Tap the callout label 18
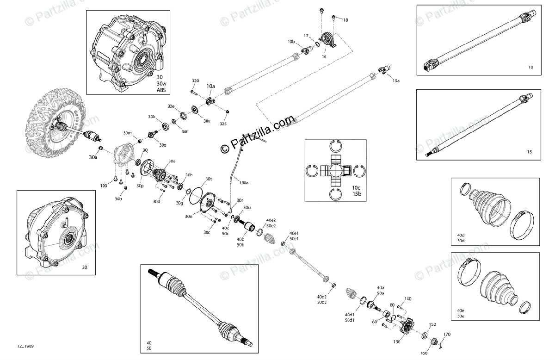[345, 20]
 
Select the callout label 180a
[244, 183]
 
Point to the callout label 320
[196, 81]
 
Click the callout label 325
[223, 124]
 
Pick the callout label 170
[447, 334]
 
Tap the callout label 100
[104, 186]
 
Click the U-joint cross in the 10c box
[335, 170]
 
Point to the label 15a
[396, 81]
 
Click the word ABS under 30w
[161, 90]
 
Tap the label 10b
[291, 42]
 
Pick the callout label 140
[407, 299]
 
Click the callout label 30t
[209, 179]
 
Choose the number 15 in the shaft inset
[530, 152]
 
